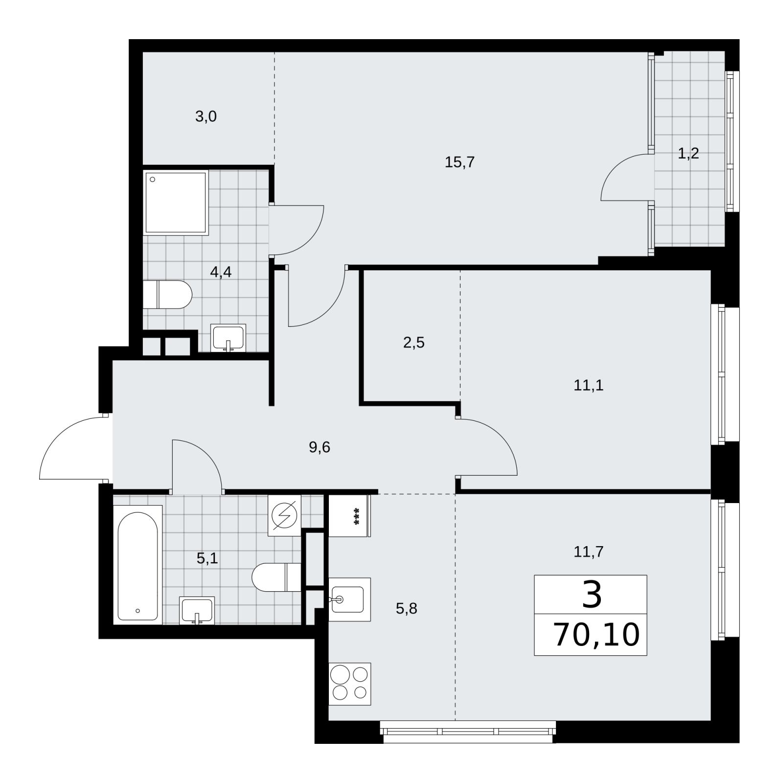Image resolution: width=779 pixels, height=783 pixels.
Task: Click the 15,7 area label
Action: pyautogui.click(x=459, y=162)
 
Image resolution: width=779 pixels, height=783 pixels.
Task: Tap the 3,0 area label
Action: pyautogui.click(x=206, y=117)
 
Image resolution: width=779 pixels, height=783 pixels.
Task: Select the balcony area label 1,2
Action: pyautogui.click(x=688, y=154)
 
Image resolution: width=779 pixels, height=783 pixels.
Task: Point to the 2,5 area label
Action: pyautogui.click(x=413, y=343)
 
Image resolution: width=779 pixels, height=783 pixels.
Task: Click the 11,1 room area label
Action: pyautogui.click(x=588, y=386)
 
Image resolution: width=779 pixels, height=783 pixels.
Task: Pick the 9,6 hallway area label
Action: pyautogui.click(x=320, y=447)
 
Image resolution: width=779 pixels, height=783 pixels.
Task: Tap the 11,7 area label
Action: pyautogui.click(x=588, y=552)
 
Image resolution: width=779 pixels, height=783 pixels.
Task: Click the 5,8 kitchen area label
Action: pyautogui.click(x=406, y=608)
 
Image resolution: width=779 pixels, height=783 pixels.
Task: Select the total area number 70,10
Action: pyautogui.click(x=596, y=635)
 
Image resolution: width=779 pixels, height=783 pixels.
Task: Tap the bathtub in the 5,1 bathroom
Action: pyautogui.click(x=137, y=565)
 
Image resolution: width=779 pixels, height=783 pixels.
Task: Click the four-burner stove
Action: pyautogui.click(x=350, y=684)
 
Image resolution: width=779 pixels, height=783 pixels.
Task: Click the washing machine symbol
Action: pyautogui.click(x=284, y=515)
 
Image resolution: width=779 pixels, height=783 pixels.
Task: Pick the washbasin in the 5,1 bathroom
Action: pyautogui.click(x=197, y=610)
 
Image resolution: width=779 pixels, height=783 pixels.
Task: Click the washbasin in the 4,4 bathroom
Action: pyautogui.click(x=229, y=338)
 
